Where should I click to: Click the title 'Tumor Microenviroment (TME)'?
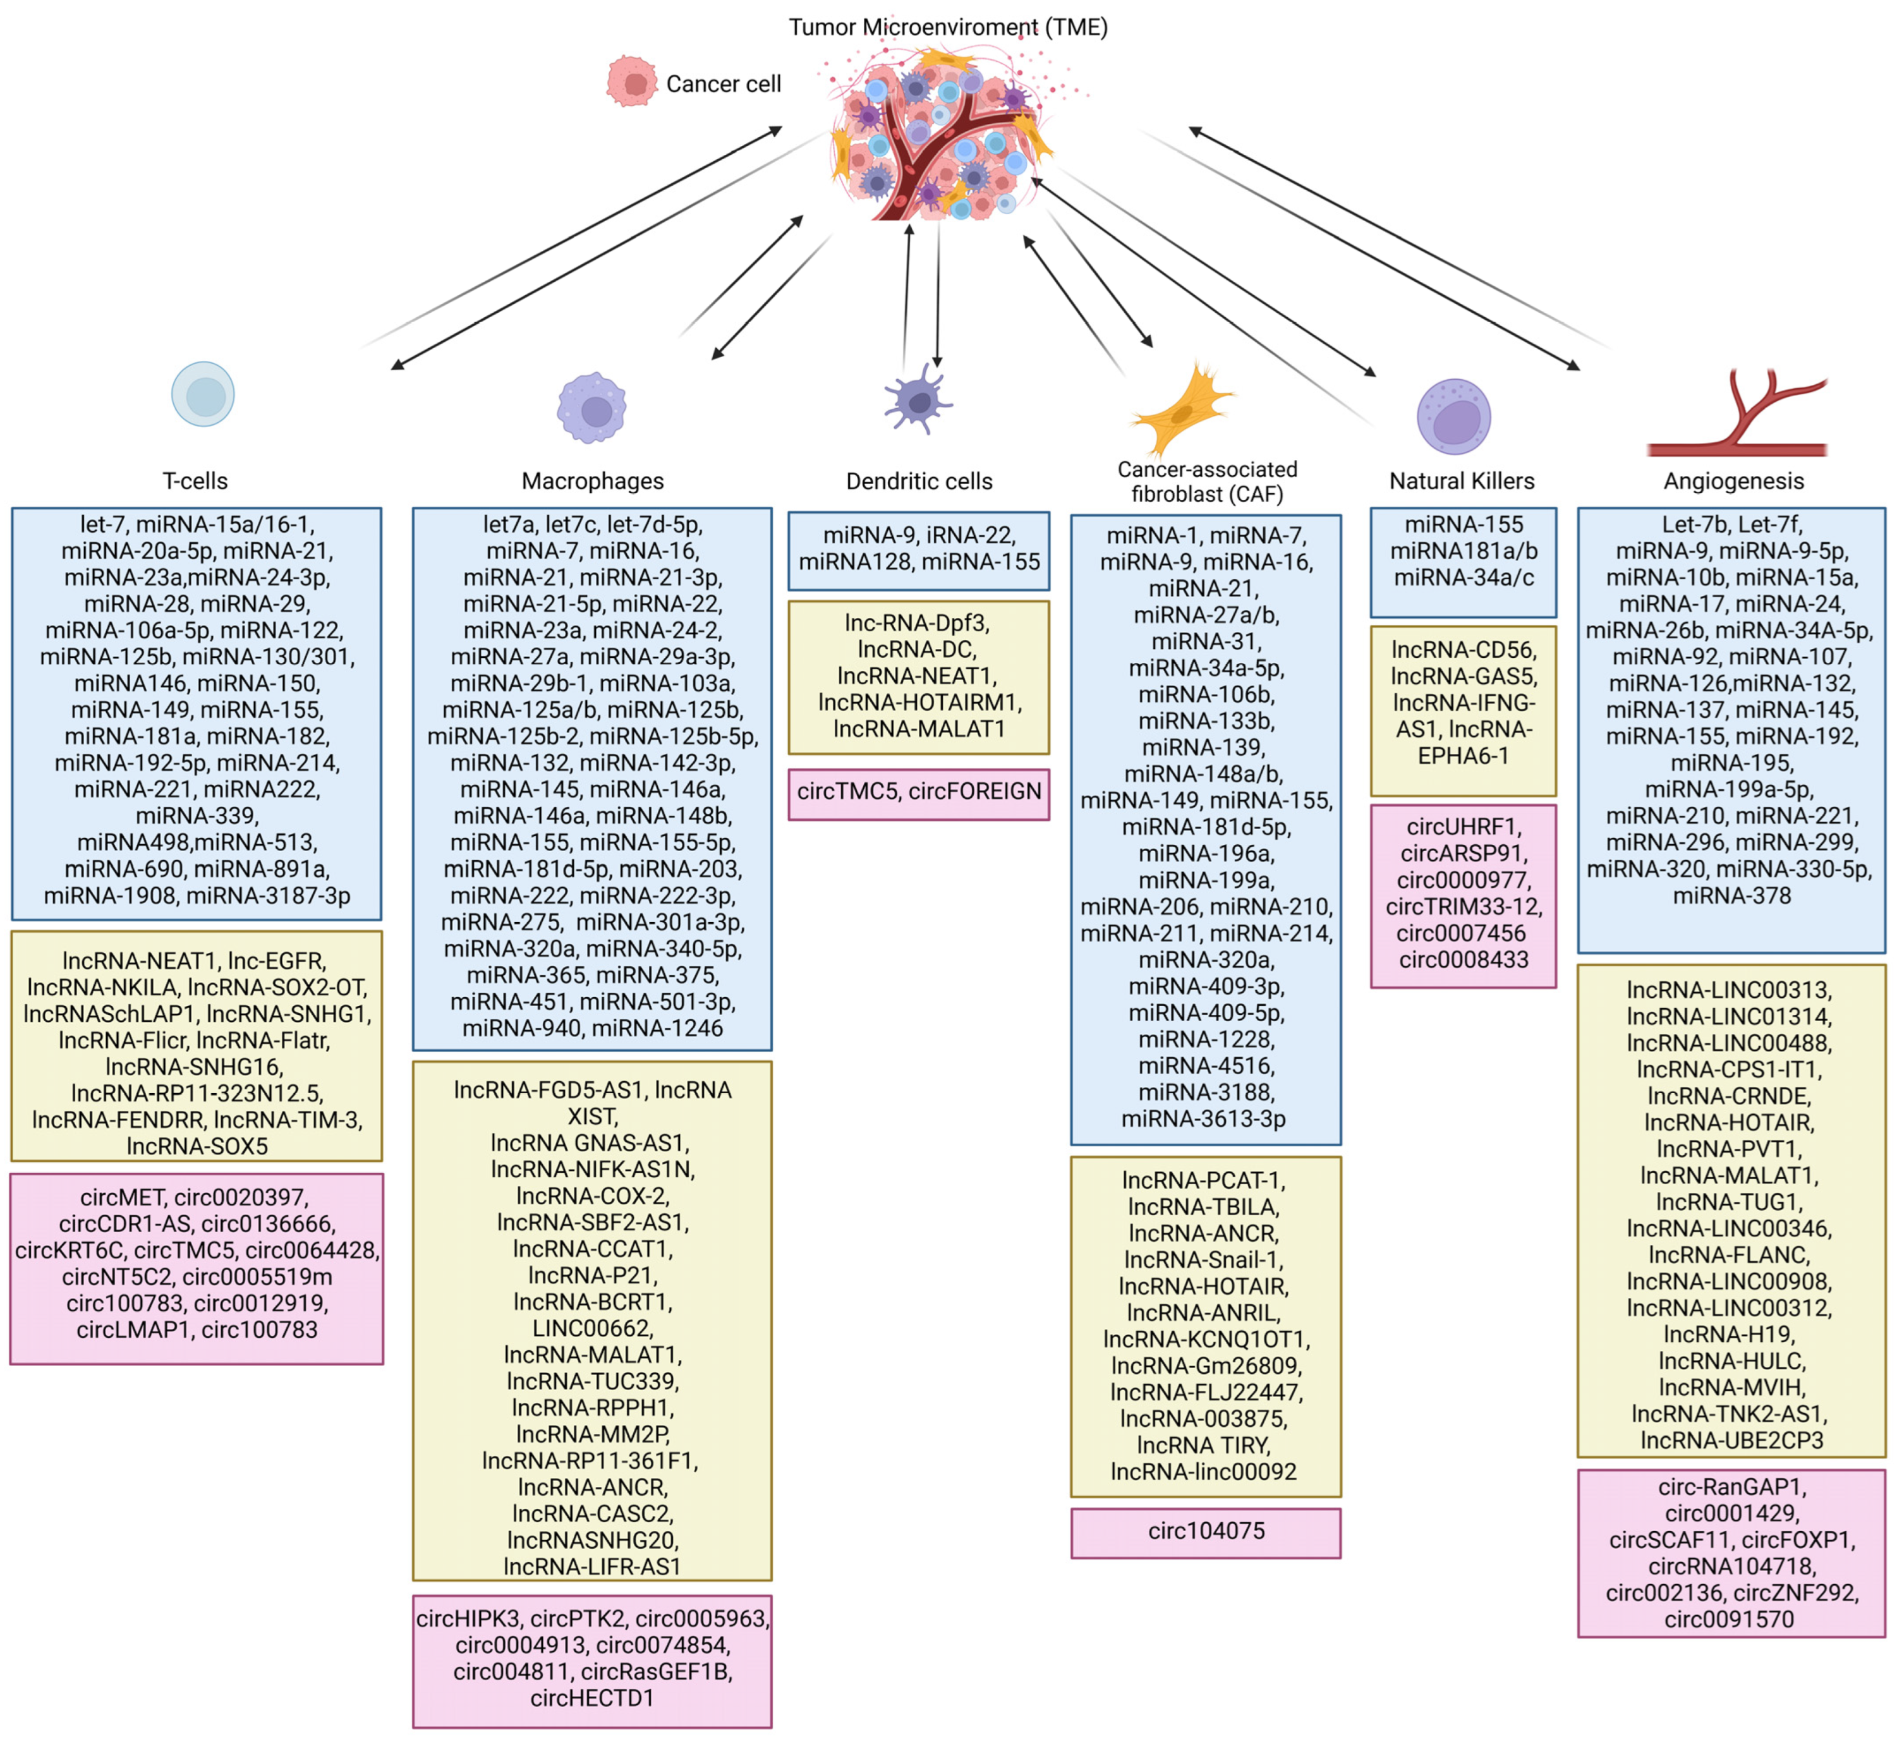click(x=948, y=27)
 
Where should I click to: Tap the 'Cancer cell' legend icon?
click(x=631, y=82)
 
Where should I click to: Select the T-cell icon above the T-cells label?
click(x=203, y=394)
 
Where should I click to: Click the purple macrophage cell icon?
click(x=592, y=408)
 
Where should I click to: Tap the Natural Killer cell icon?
click(x=1454, y=417)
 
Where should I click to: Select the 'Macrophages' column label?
click(x=593, y=481)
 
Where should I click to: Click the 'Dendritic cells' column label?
click(x=919, y=481)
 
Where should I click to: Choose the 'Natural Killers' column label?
click(x=1462, y=481)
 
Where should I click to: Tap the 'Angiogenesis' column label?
click(x=1733, y=481)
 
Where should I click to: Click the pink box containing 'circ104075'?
click(x=1206, y=1533)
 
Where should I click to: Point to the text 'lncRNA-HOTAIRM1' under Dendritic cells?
click(x=919, y=703)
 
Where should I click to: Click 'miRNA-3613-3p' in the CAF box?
click(x=1204, y=1119)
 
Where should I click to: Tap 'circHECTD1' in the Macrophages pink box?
click(x=592, y=1699)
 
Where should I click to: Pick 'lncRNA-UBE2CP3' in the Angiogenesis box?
click(x=1731, y=1441)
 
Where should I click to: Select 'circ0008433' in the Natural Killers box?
click(x=1464, y=960)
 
